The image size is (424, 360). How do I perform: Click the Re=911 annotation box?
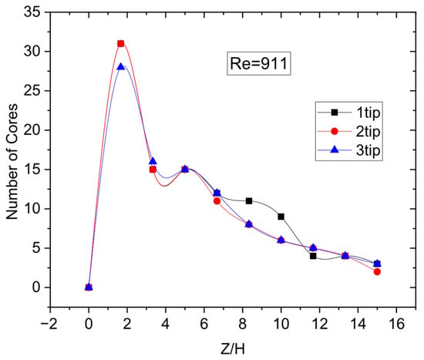pos(258,63)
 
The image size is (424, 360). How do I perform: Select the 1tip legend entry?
pos(348,113)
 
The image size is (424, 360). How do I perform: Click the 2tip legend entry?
pos(348,131)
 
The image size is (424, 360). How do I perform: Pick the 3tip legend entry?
pos(348,150)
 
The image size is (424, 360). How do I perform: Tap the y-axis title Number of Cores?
pos(12,161)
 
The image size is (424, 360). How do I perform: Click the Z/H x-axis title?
pos(233,349)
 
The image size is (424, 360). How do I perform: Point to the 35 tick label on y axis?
pos(32,12)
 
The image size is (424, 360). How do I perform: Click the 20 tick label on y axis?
pos(32,130)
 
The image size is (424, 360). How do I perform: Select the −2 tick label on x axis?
pos(49,324)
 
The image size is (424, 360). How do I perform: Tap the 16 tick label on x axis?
pos(396,324)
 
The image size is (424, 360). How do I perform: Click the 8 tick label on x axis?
pos(243,324)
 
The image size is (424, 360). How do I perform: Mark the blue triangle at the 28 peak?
pos(121,66)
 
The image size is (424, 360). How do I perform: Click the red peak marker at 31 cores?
pos(121,43)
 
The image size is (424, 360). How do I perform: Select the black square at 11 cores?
pos(249,201)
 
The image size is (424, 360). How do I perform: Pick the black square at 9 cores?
pos(281,217)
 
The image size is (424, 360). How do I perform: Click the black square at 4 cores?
pos(313,256)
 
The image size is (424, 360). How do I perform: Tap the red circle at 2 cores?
pos(377,271)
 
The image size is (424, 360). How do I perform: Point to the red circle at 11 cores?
pos(217,201)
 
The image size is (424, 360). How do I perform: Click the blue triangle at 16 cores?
pos(153,161)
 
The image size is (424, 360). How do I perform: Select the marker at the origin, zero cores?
pos(89,288)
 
